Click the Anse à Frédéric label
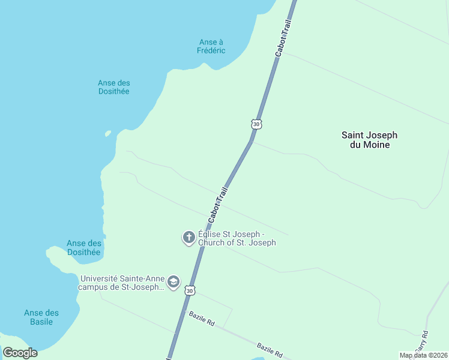[x=211, y=46]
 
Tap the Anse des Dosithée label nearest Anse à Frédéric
[x=113, y=87]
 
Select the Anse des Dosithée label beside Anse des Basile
[x=83, y=247]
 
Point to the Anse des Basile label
[x=41, y=317]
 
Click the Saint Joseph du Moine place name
[x=369, y=140]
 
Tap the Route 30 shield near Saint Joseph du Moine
[x=257, y=124]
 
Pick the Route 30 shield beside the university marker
[x=190, y=290]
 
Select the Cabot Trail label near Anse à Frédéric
[x=283, y=38]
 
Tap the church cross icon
[x=188, y=238]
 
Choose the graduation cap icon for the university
[x=173, y=282]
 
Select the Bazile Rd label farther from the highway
[x=270, y=350]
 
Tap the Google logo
[x=20, y=353]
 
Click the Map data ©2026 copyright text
[x=423, y=355]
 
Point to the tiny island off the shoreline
[x=108, y=133]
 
